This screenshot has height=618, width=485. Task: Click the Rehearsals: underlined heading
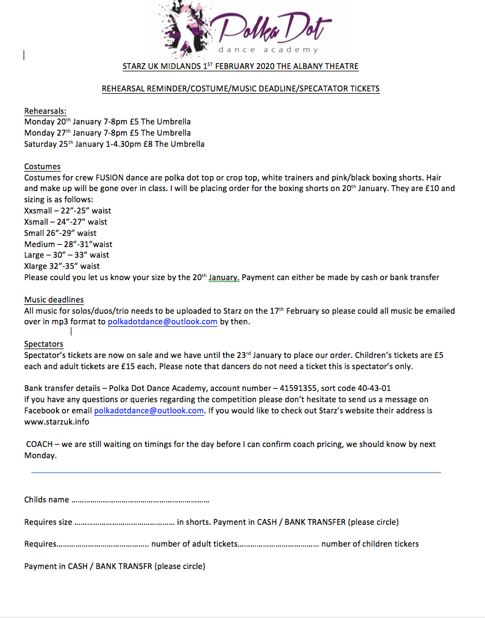(x=45, y=111)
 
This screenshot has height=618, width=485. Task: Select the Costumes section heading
(x=42, y=167)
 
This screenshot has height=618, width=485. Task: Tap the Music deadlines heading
(x=54, y=300)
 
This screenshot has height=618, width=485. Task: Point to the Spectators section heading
(x=44, y=344)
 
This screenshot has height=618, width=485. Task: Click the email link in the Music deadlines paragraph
(x=162, y=322)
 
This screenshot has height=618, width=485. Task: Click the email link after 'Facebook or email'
(x=149, y=410)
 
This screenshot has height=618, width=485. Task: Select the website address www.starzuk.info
(x=57, y=422)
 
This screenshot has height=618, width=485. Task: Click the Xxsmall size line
(x=67, y=211)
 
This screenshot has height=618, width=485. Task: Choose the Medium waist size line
(x=68, y=244)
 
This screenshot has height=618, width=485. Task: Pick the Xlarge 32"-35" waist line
(x=62, y=266)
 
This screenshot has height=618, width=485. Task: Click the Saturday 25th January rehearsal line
(x=114, y=144)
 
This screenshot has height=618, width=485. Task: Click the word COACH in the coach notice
(x=40, y=444)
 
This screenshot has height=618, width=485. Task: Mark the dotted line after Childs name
(x=140, y=500)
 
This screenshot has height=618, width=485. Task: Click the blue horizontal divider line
(x=235, y=472)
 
